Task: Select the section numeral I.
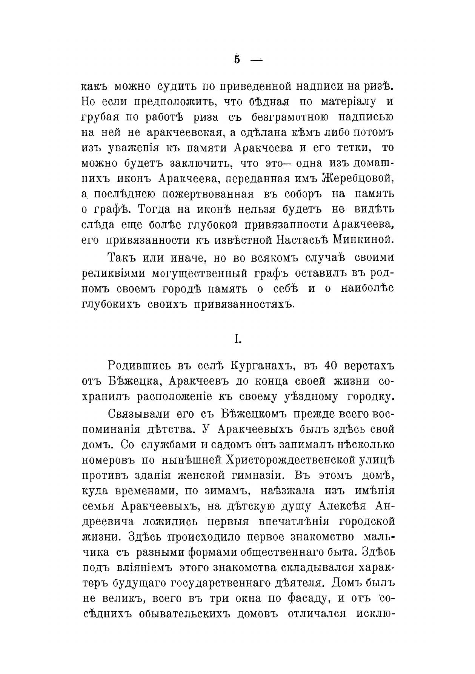(237, 340)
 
